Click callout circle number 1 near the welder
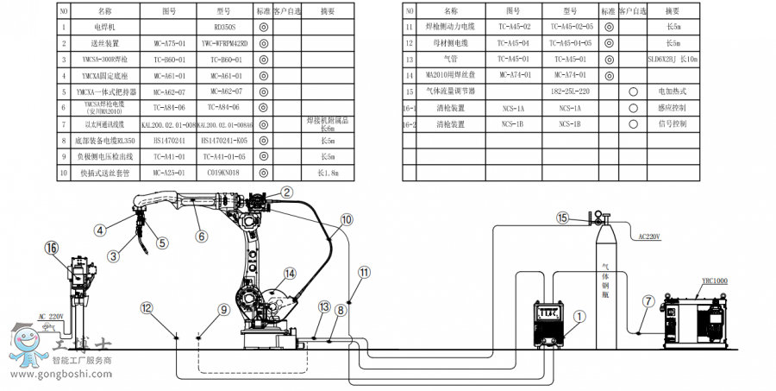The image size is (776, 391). click(579, 317)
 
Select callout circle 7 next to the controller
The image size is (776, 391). click(647, 301)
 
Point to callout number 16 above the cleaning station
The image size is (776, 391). click(52, 248)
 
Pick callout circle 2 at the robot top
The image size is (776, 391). click(288, 192)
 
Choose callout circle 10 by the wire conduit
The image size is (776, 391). click(346, 220)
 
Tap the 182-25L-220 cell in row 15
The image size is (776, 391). click(571, 91)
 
